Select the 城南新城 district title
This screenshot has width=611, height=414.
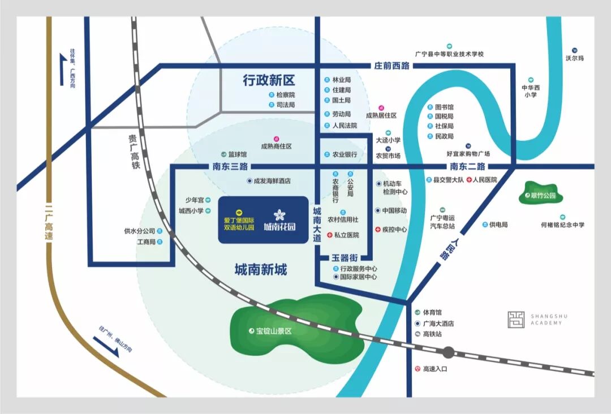[x=261, y=270]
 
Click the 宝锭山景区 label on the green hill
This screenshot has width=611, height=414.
[x=273, y=331]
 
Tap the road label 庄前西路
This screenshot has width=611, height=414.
[x=391, y=66]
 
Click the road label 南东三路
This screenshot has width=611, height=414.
[x=230, y=167]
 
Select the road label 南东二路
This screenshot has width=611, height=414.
[x=467, y=167]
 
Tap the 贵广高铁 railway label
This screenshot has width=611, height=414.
[x=132, y=152]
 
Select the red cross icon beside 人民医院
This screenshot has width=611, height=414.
[x=469, y=180]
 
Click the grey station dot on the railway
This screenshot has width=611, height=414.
[x=448, y=353]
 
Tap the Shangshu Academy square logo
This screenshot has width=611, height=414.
[x=515, y=320]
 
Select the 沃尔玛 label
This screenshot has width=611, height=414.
[x=574, y=58]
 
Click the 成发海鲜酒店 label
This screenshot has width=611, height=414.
[x=272, y=182]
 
